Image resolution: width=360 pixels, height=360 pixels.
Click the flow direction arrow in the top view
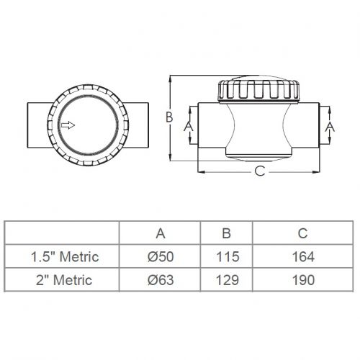click(x=68, y=125)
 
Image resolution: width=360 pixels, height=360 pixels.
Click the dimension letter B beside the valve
click(x=169, y=117)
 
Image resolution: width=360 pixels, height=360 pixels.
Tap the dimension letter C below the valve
click(x=260, y=171)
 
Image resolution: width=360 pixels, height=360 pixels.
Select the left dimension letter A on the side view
click(x=189, y=126)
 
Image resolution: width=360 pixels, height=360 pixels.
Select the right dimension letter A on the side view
click(x=330, y=127)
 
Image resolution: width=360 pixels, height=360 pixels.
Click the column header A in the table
click(x=161, y=233)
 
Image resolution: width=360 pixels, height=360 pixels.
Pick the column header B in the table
click(x=227, y=233)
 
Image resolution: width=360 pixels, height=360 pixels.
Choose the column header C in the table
click(x=303, y=233)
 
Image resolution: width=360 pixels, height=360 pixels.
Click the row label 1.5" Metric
click(x=65, y=256)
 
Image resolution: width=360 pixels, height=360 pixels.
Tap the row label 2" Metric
click(x=64, y=280)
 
